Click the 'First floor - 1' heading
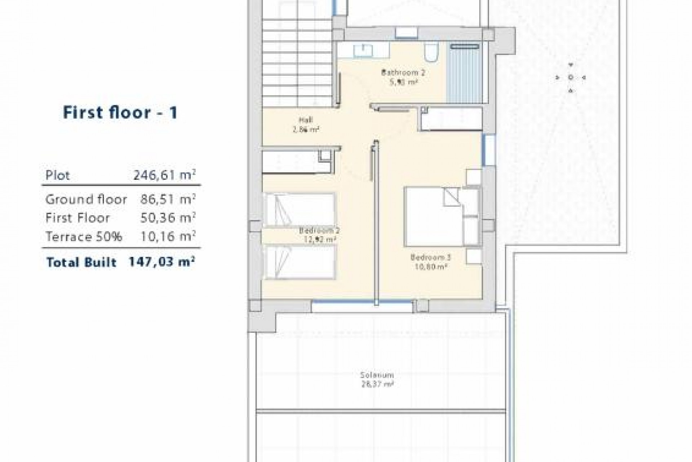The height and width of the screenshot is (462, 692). pyautogui.click(x=120, y=113)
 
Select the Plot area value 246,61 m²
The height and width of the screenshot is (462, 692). pyautogui.click(x=164, y=175)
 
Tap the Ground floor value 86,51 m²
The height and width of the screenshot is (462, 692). pyautogui.click(x=168, y=199)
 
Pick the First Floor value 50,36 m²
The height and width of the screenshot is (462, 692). pyautogui.click(x=168, y=218)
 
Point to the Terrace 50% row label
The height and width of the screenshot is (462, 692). pyautogui.click(x=84, y=237)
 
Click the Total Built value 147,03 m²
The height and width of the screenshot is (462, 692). pyautogui.click(x=162, y=262)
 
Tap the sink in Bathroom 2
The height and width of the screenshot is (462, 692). pyautogui.click(x=365, y=50)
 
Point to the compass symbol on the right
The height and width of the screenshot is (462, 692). pyautogui.click(x=571, y=77)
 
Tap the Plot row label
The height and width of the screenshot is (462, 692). pyautogui.click(x=58, y=176)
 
